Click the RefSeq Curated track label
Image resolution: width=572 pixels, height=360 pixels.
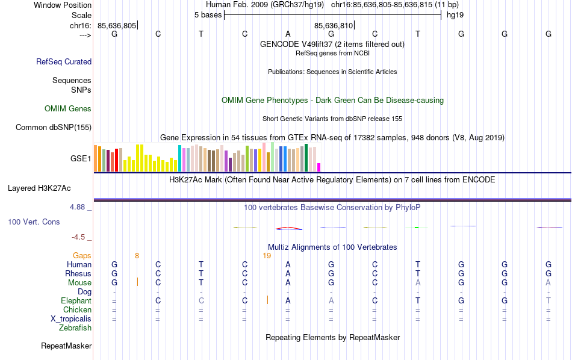tap(64, 61)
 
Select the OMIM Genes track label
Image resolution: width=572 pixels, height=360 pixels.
tap(68, 109)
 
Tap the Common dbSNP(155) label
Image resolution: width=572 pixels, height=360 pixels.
tap(54, 127)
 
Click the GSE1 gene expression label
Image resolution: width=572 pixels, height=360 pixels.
tap(81, 159)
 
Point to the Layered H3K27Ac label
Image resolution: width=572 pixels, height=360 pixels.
tap(49, 188)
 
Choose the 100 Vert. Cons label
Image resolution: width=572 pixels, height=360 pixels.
tap(34, 222)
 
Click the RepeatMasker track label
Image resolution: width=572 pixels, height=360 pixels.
tap(66, 346)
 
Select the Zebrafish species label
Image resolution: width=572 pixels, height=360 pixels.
tap(75, 328)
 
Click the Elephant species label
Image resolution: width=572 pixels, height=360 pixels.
tap(76, 301)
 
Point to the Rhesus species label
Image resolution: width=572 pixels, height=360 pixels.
tap(78, 274)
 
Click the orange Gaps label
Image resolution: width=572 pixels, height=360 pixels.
tap(82, 256)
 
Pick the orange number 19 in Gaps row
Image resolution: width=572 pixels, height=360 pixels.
tap(267, 256)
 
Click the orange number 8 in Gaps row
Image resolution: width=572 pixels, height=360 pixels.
tap(137, 256)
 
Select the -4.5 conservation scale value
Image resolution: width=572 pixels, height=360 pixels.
tap(79, 237)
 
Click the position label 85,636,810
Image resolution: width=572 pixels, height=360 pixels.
tap(334, 25)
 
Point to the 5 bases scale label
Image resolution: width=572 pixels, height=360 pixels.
tap(208, 14)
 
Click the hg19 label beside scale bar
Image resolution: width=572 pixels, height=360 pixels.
tap(454, 14)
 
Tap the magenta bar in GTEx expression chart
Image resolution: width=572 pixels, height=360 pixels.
tap(319, 167)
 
